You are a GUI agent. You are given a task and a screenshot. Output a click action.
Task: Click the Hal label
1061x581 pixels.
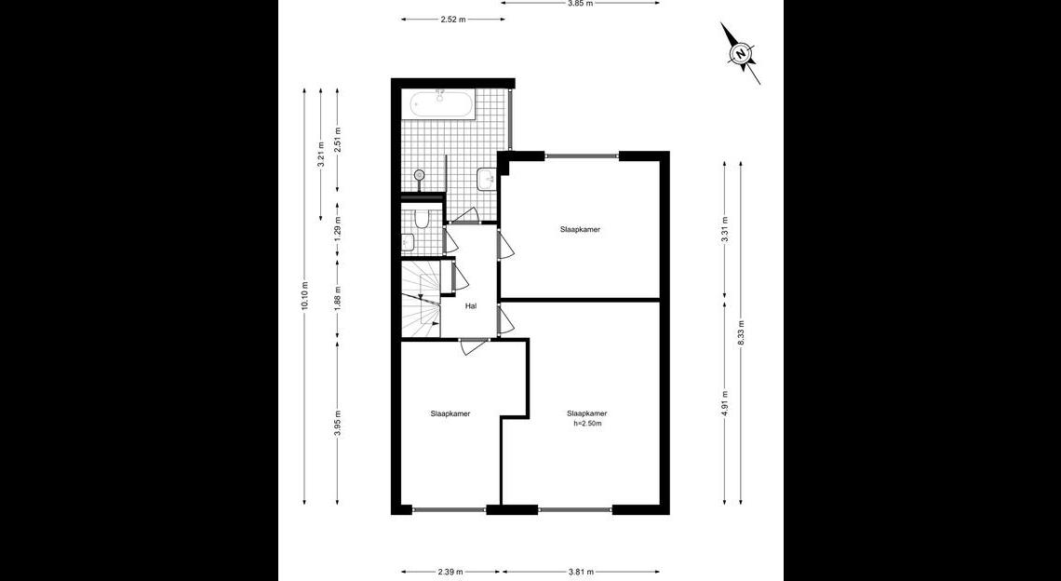point(471,306)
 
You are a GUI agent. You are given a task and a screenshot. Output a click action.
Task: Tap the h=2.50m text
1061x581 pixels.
point(587,424)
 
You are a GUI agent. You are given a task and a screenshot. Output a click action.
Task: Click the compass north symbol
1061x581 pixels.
point(742,53)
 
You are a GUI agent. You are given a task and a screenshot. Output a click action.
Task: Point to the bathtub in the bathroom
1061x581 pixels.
point(440,104)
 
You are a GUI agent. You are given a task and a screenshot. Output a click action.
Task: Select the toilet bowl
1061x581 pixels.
point(421,220)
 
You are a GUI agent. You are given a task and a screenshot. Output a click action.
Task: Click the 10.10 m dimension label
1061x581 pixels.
point(304,296)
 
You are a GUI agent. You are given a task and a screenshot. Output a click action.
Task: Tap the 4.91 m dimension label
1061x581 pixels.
point(725,403)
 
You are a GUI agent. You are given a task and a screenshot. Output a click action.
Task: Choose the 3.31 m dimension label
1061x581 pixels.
point(725,229)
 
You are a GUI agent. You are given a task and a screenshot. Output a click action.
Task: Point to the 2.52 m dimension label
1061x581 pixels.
point(452,19)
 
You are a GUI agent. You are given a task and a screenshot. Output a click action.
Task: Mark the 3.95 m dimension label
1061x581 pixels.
point(338,424)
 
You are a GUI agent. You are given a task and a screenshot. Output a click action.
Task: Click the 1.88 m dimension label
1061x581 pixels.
point(338,299)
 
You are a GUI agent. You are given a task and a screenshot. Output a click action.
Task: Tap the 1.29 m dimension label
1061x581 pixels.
point(338,229)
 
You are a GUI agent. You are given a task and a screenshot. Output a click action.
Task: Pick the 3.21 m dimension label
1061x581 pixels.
point(321,154)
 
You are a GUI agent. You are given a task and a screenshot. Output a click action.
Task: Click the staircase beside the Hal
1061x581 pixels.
point(421,299)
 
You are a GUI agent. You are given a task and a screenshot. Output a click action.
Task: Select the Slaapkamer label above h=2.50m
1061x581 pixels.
point(587,413)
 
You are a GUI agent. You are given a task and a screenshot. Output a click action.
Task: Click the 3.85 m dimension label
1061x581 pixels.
point(581,3)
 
